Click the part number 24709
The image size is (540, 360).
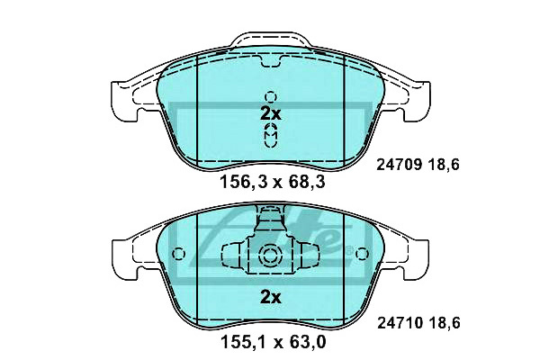399,165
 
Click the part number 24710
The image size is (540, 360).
400,323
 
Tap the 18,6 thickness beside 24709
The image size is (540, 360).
445,165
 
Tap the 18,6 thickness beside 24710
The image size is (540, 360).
445,323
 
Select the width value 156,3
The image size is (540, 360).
244,182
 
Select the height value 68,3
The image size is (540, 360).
307,182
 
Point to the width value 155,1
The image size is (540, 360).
243,342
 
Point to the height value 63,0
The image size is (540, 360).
307,342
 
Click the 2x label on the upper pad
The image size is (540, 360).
271,113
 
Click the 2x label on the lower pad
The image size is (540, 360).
271,297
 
